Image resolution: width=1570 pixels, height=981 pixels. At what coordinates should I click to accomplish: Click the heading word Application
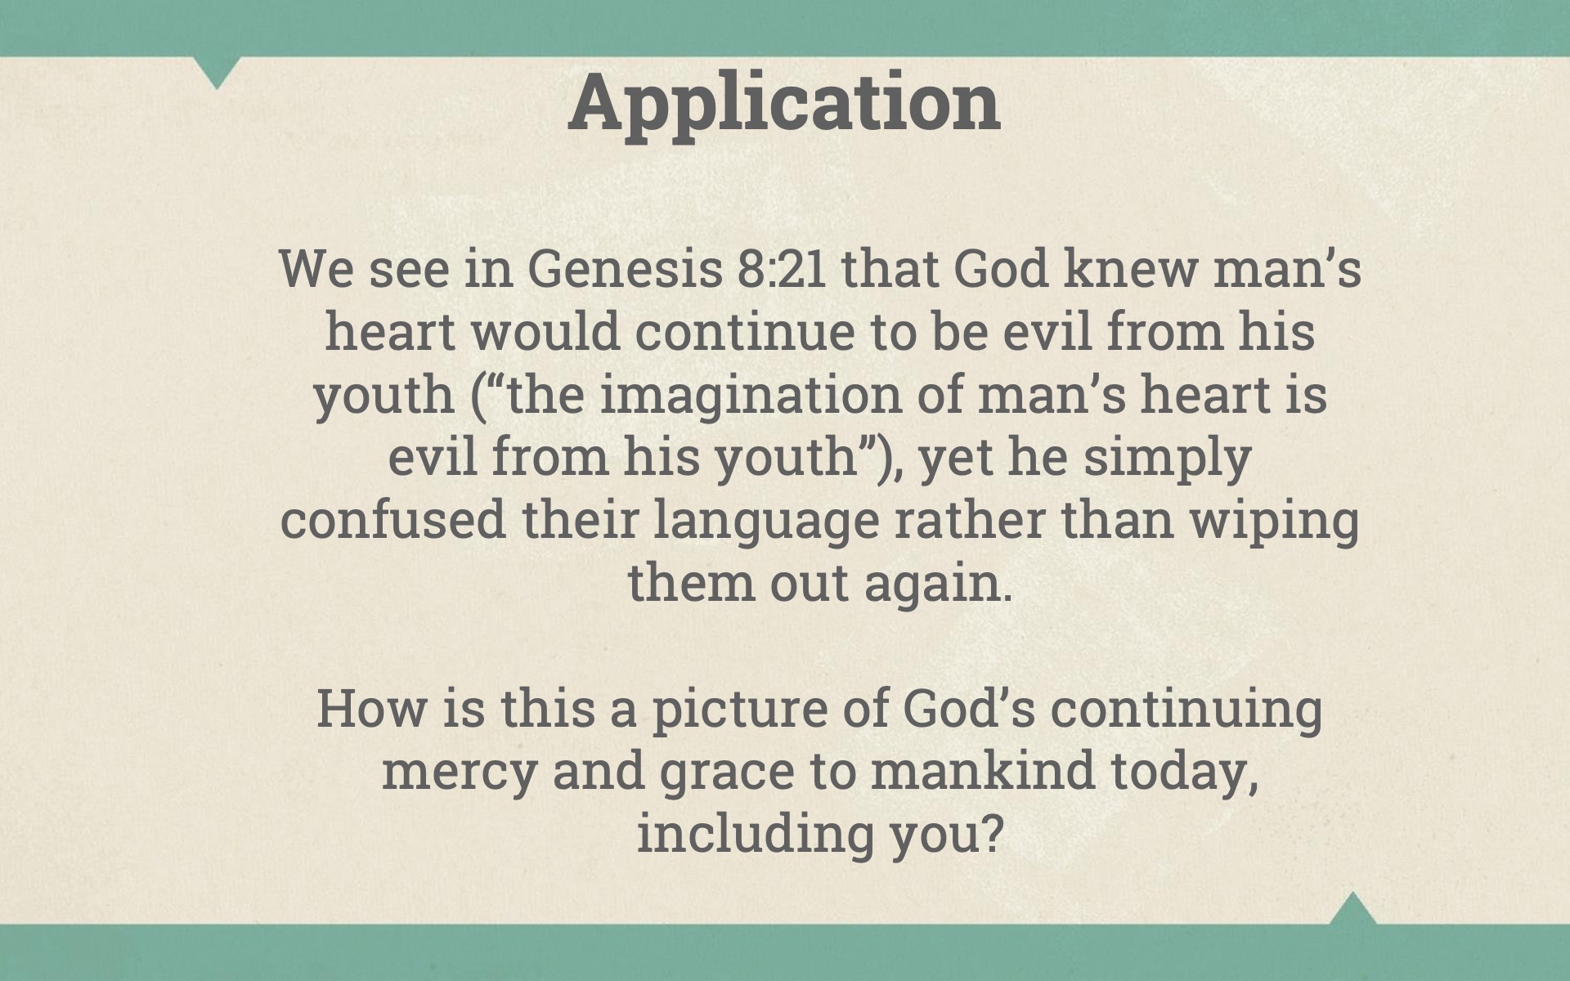pyautogui.click(x=784, y=105)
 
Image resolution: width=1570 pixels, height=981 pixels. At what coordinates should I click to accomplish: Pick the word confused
pyautogui.click(x=393, y=520)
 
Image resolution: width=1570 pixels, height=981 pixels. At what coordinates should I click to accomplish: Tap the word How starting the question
pyautogui.click(x=371, y=708)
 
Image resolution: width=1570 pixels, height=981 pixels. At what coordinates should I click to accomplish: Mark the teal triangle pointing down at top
pyautogui.click(x=218, y=69)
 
